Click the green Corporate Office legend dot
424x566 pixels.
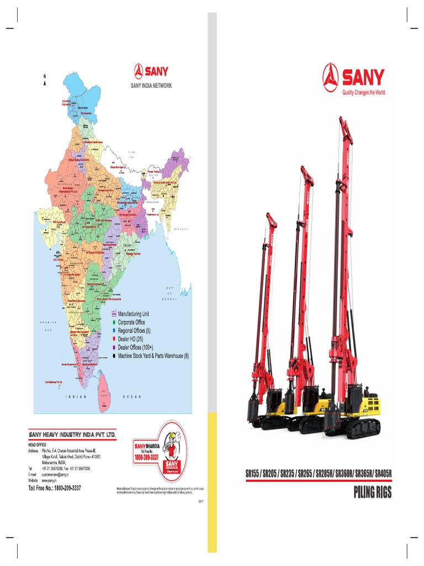tap(114, 322)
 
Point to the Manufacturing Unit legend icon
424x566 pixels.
tap(114, 313)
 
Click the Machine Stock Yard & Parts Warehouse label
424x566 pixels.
tap(153, 356)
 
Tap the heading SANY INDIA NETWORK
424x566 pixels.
tap(151, 86)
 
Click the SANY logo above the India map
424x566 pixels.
tap(151, 71)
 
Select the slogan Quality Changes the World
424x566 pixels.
tap(363, 93)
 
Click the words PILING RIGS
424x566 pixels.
tap(372, 492)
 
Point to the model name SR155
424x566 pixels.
tap(253, 474)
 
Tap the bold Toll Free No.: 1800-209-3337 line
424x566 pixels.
tap(55, 488)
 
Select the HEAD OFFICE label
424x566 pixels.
tap(36, 445)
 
